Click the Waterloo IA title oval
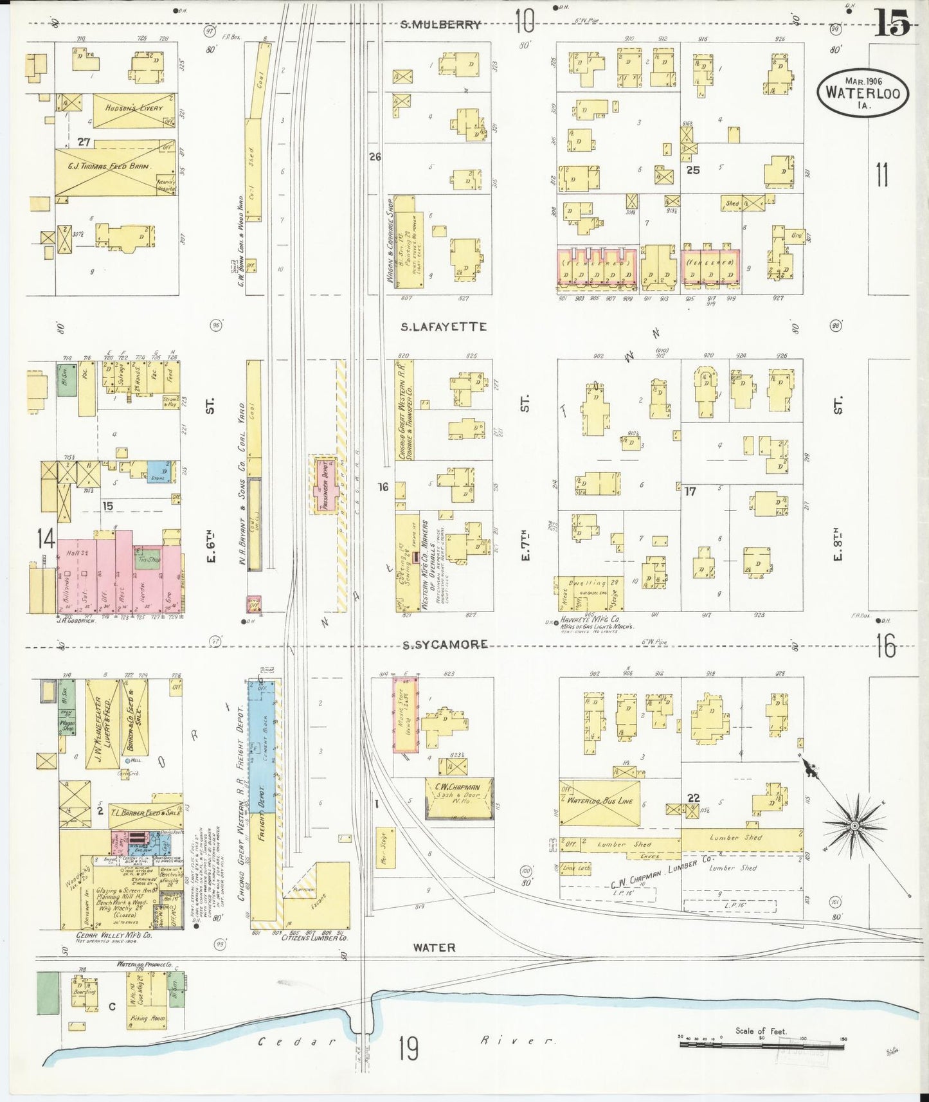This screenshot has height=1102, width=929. [863, 93]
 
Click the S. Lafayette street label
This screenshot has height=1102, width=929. [444, 327]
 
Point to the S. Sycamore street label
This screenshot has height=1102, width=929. [445, 644]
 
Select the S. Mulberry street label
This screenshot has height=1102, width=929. [440, 25]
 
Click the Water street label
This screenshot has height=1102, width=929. [434, 948]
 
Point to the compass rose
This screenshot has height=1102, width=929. [854, 826]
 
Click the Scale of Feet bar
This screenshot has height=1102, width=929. [762, 1044]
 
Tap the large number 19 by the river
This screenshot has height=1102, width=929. [408, 1049]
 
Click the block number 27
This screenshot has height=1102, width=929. [83, 142]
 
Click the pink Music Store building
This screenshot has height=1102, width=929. [406, 714]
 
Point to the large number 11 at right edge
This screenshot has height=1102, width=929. [882, 175]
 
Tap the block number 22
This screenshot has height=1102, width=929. [693, 798]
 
